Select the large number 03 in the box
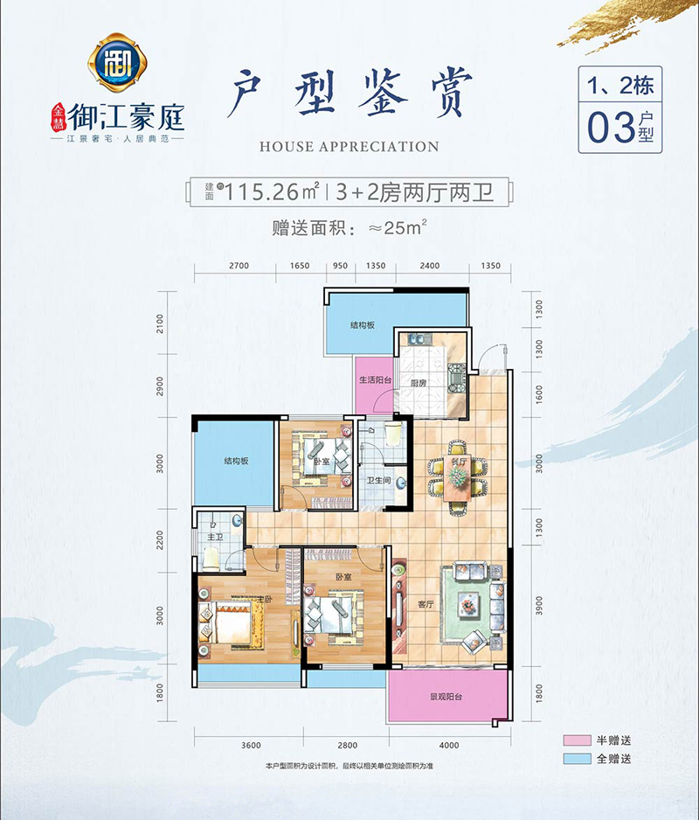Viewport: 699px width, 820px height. click(612, 128)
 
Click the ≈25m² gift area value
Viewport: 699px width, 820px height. click(394, 230)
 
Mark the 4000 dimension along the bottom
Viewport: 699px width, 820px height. click(449, 745)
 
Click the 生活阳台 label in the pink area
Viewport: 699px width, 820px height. click(375, 380)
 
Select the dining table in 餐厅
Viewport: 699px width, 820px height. click(456, 479)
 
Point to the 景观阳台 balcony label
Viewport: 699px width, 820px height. click(446, 698)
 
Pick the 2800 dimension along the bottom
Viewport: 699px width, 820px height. click(347, 745)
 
